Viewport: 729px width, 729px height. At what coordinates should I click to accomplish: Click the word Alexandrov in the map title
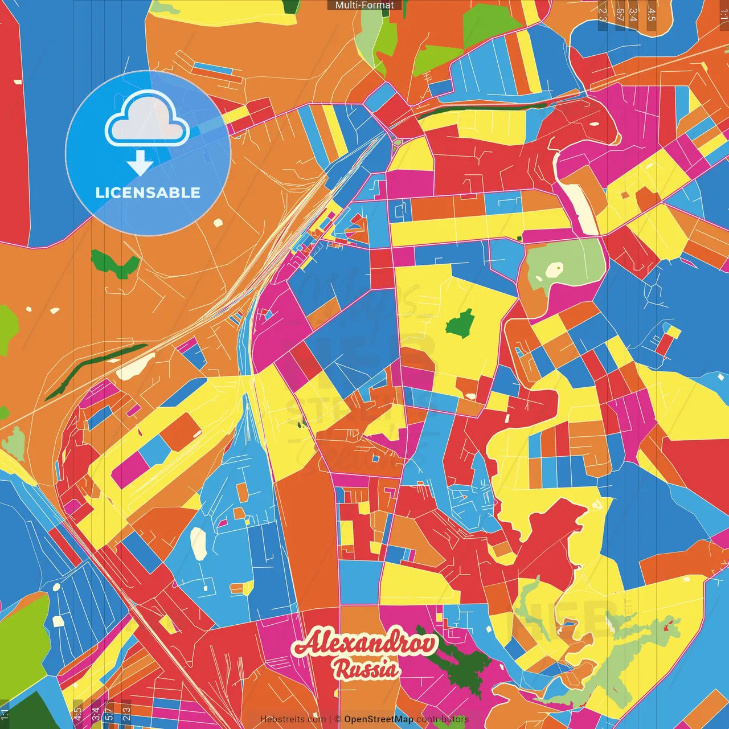tap(364, 644)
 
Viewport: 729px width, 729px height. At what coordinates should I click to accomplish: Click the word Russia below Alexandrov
tap(367, 669)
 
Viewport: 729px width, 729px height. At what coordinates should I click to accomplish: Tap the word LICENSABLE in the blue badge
tap(148, 193)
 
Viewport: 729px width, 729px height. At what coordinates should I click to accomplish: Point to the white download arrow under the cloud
tap(140, 163)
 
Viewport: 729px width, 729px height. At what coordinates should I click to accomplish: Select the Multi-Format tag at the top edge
tap(364, 5)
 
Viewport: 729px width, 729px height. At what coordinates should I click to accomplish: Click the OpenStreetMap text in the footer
tap(378, 719)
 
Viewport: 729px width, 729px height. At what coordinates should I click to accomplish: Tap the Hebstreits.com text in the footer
tap(293, 719)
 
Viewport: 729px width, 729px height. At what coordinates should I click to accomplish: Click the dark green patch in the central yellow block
tap(460, 324)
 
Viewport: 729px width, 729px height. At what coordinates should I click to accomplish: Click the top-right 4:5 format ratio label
tap(652, 15)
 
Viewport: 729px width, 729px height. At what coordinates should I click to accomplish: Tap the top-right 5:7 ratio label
tap(620, 15)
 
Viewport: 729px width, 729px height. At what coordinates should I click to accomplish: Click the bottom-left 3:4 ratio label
tap(96, 714)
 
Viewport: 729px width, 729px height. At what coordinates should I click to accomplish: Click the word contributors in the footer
tap(442, 719)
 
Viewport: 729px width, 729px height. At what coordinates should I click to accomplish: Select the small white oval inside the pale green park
tap(554, 269)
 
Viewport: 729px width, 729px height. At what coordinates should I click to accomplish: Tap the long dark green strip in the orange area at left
tap(97, 370)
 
